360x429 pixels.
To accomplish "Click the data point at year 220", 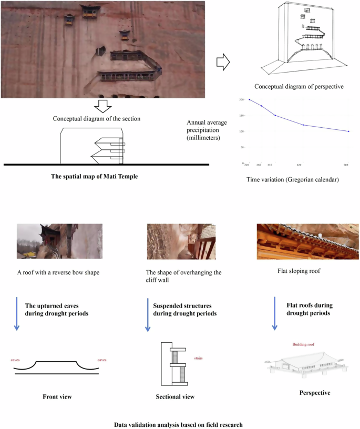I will pos(249,99).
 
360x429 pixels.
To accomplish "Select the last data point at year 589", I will pos(348,131).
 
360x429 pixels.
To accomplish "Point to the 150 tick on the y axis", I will pos(241,116).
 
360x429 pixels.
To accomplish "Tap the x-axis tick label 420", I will pos(300,165).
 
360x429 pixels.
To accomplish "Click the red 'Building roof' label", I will pos(305,345).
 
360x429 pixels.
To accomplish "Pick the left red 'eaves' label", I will pos(15,360).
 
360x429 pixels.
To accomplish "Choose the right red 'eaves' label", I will pos(102,360).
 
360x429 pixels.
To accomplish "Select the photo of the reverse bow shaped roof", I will pos(59,241).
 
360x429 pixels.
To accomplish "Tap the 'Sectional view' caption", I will pos(175,396).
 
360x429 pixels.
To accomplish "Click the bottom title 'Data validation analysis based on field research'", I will pos(179,424).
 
